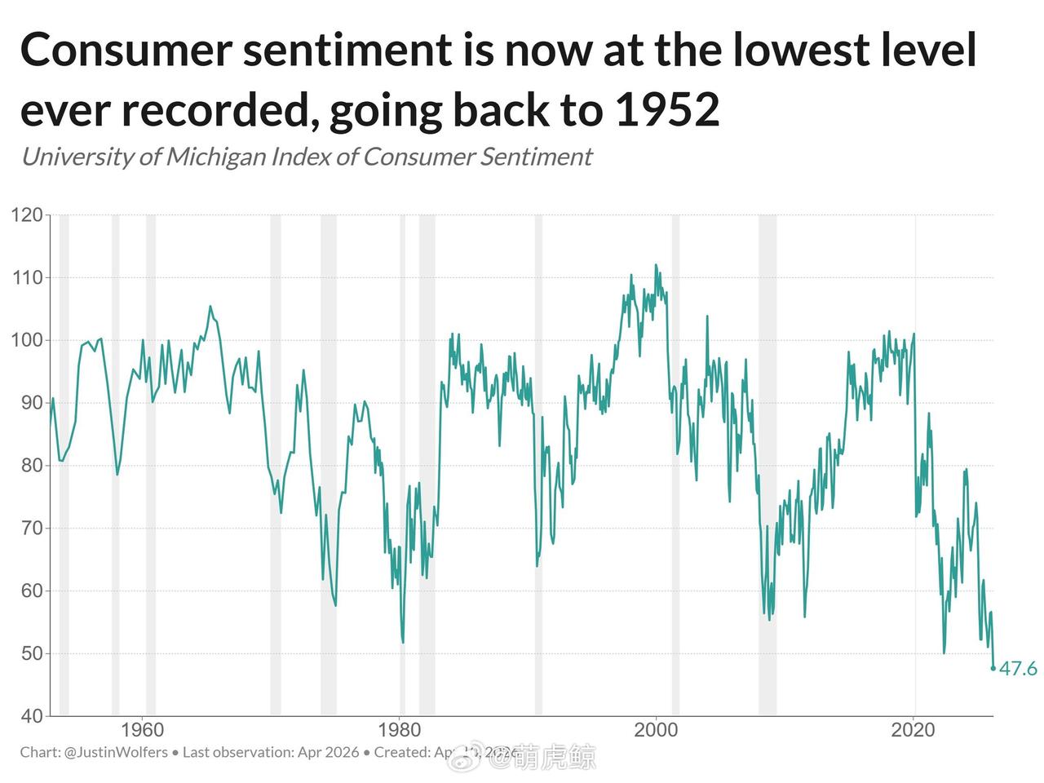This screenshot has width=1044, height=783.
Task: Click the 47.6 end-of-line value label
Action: tap(1019, 670)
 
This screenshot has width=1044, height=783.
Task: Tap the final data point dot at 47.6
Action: tap(993, 668)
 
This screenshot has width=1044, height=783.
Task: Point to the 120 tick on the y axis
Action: tap(26, 215)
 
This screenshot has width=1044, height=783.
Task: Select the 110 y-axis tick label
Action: tap(26, 278)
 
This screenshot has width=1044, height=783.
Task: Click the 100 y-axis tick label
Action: tap(26, 340)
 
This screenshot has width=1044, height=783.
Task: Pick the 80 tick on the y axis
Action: tap(26, 466)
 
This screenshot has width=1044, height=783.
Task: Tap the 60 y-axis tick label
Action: tap(26, 591)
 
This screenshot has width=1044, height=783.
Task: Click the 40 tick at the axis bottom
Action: tap(26, 716)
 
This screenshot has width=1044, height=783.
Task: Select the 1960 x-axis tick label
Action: tap(142, 729)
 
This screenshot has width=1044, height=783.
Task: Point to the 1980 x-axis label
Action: tap(399, 729)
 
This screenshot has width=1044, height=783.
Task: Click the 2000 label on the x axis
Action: tap(656, 729)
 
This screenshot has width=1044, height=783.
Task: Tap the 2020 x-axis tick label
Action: tap(913, 729)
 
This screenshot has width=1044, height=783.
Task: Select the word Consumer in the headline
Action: tap(130, 51)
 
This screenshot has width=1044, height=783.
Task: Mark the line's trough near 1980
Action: tap(403, 642)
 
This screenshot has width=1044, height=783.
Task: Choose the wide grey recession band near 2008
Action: tap(767, 465)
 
